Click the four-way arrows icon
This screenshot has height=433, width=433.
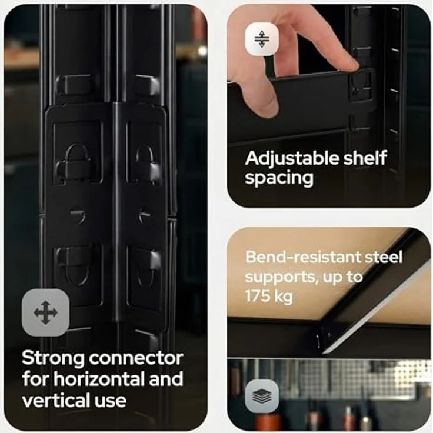(45, 312)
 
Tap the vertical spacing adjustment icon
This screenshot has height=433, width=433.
(262, 39)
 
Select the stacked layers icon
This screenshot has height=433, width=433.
(262, 396)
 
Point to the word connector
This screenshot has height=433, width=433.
(136, 358)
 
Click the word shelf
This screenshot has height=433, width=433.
(365, 158)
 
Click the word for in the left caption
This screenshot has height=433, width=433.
(36, 379)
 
